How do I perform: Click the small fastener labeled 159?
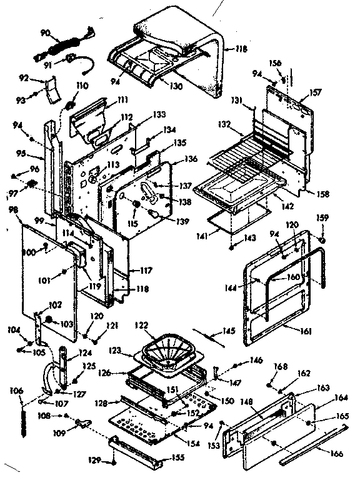[x=322, y=239]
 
